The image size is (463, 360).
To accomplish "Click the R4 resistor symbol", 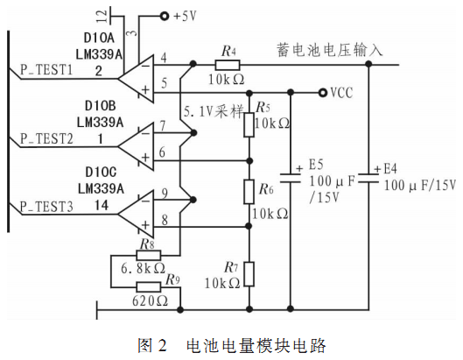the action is tap(228, 65).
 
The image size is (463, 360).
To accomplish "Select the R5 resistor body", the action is tap(249, 124).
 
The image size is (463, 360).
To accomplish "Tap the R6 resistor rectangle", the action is tap(249, 192).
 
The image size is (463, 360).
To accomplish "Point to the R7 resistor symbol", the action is tap(249, 274).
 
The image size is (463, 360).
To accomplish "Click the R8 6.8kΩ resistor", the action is tap(149, 255).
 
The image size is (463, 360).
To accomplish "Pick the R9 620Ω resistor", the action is tap(149, 287).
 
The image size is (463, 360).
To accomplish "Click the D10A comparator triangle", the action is tap(137, 79).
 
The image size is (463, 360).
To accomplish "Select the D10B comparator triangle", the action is tap(137, 146).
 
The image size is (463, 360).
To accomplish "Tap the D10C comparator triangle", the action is tap(137, 214).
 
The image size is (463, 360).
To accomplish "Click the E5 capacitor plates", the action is tap(291, 178).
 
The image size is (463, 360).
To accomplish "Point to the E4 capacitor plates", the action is tap(368, 178).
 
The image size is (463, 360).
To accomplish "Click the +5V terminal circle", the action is tap(165, 16).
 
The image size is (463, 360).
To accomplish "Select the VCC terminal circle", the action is tap(323, 93).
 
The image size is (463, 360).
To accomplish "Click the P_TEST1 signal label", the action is tap(46, 70).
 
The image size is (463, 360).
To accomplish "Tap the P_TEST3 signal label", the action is tap(46, 207).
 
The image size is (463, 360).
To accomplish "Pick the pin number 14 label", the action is tap(102, 205).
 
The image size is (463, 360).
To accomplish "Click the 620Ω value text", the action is tap(150, 301).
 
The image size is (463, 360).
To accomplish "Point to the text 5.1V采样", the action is tap(214, 112).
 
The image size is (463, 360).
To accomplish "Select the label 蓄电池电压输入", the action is tap(330, 50).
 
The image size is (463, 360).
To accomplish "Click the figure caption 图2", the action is tap(152, 345).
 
